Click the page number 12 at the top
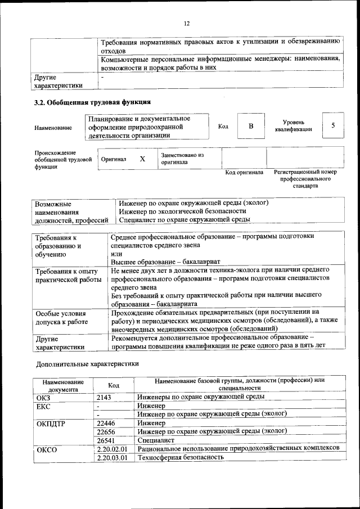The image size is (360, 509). [x=187, y=23]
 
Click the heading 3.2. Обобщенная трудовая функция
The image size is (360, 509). [x=92, y=102]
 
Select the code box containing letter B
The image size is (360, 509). [x=250, y=126]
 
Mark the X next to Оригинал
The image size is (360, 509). [x=142, y=159]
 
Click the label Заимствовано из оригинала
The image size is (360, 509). [x=182, y=158]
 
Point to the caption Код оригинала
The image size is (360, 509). [x=244, y=172]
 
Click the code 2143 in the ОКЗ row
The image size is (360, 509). [x=104, y=397]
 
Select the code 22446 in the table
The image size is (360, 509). [x=106, y=422]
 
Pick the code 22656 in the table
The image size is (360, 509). [x=106, y=431]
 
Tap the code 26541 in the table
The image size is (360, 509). [x=106, y=440]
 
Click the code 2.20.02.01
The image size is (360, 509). [x=112, y=449]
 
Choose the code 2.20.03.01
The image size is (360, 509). [x=112, y=458]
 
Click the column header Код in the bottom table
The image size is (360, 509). [x=114, y=385]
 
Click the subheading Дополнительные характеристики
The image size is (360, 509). [x=87, y=363]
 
